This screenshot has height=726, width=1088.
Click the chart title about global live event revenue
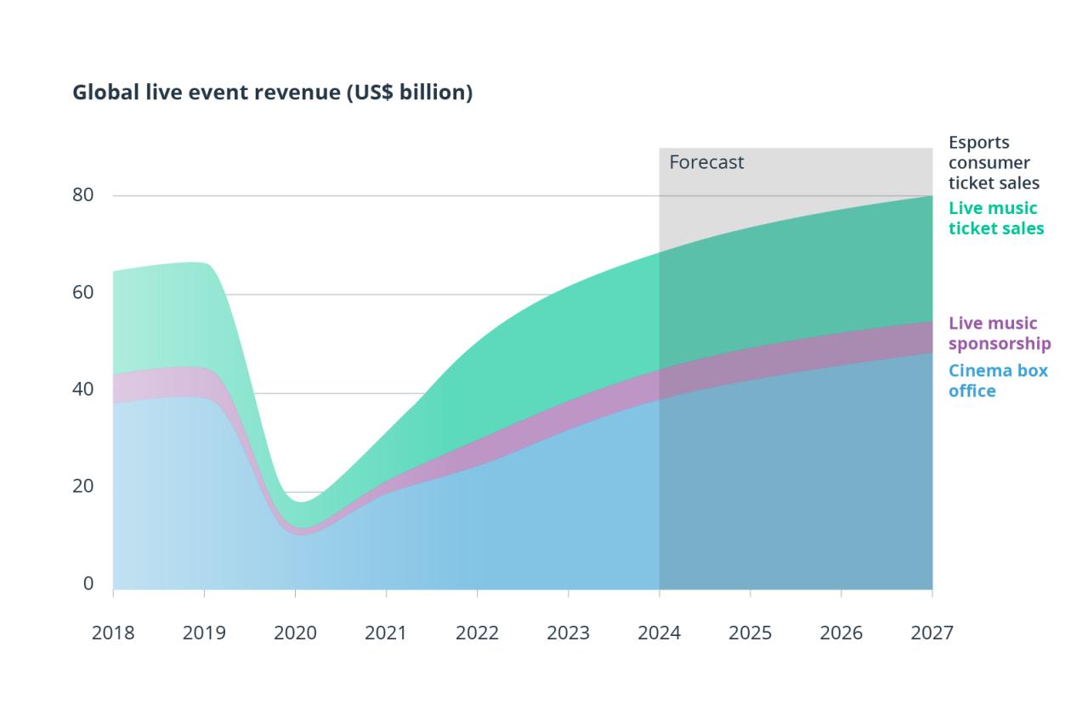point(272,93)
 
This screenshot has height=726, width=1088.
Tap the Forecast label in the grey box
point(706,162)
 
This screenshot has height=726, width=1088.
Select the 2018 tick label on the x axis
point(113,633)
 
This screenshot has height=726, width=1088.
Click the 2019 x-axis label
point(204,633)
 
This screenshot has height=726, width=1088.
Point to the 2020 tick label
point(295,633)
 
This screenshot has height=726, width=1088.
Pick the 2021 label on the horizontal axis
point(386,633)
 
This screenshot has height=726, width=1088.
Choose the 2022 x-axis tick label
point(477,633)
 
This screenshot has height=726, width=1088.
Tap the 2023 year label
point(568,633)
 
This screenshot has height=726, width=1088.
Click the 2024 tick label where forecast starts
point(659,633)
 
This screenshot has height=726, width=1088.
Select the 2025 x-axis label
point(750,633)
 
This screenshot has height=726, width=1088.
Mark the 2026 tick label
point(841,633)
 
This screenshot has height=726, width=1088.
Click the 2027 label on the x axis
point(932,633)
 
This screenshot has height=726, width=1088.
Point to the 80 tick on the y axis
point(82,194)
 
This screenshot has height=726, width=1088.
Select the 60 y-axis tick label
point(82,292)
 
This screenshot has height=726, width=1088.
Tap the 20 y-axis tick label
point(82,487)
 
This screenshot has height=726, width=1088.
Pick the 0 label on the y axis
point(88,584)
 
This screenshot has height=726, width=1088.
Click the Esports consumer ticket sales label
point(994,162)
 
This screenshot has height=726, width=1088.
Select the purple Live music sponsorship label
point(999,333)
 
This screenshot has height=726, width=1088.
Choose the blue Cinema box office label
point(997,380)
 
